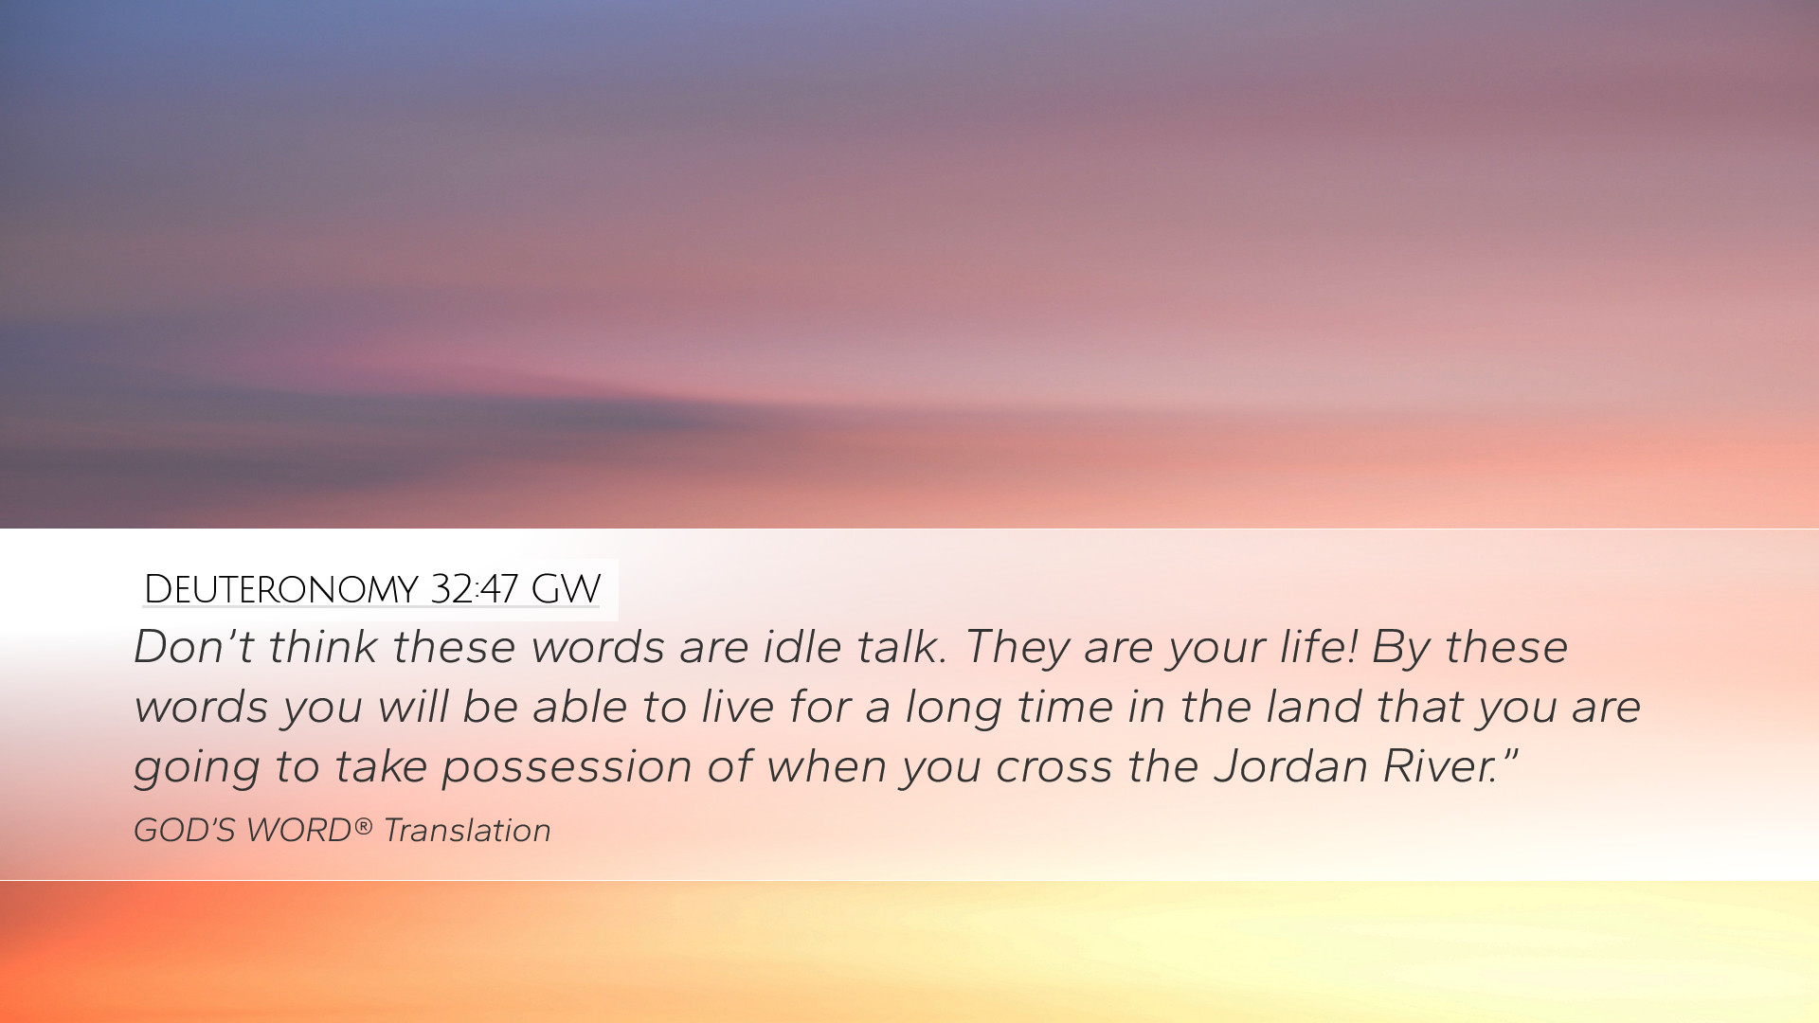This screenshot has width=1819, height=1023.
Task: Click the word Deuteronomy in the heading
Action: (x=280, y=589)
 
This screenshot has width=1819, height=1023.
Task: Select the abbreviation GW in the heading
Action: (x=566, y=589)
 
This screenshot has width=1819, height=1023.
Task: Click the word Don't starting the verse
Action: (x=194, y=647)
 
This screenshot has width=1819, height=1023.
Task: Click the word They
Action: (x=1017, y=648)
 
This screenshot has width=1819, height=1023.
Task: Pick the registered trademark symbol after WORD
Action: (x=363, y=826)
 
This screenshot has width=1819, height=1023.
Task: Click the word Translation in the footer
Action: (x=467, y=830)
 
